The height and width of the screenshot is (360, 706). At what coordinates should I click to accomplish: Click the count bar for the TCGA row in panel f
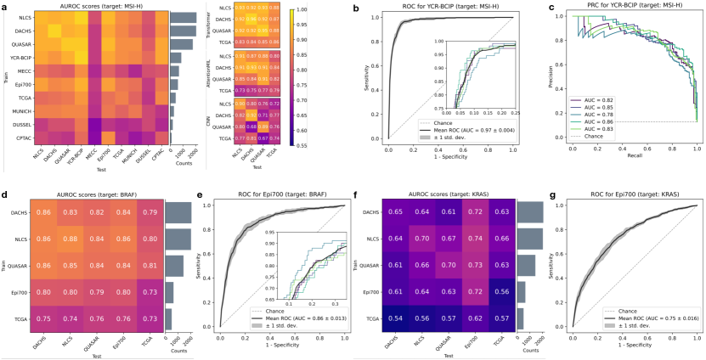[x=520, y=318]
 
